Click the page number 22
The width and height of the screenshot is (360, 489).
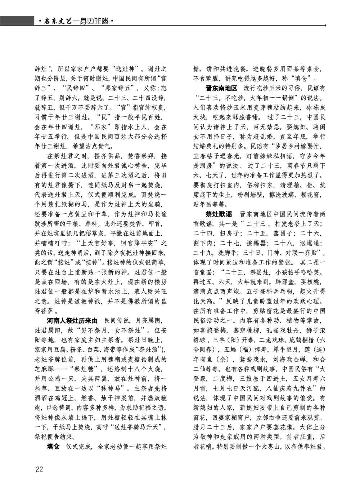tap(39, 469)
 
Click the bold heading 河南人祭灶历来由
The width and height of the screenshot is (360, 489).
tap(72, 320)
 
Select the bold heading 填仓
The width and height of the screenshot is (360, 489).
tap(53, 446)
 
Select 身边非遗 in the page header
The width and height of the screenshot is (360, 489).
tap(94, 22)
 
